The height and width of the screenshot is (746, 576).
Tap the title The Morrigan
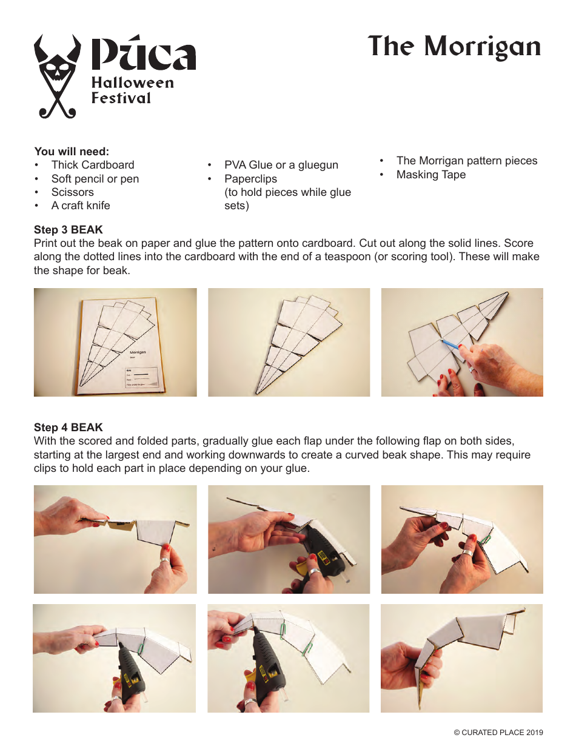(x=454, y=47)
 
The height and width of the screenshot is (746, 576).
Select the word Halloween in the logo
(x=132, y=82)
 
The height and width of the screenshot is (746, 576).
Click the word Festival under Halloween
(x=121, y=98)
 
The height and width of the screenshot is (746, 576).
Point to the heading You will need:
(x=72, y=152)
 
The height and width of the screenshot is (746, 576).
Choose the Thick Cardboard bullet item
(x=92, y=165)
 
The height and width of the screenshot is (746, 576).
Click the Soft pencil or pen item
(x=95, y=179)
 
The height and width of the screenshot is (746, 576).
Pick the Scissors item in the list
(x=72, y=192)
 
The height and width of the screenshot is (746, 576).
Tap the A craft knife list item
(x=81, y=206)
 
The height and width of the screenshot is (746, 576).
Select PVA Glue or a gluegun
(x=281, y=165)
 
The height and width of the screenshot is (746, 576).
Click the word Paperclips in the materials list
(x=250, y=179)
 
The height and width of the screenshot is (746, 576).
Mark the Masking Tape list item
(x=430, y=175)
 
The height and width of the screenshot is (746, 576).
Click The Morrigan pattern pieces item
(x=466, y=161)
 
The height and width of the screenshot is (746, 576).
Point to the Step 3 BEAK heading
(x=69, y=230)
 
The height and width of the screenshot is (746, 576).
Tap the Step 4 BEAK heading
(x=69, y=428)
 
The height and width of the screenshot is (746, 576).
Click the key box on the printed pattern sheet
(x=141, y=377)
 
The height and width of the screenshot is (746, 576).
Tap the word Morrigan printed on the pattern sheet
(x=138, y=352)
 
